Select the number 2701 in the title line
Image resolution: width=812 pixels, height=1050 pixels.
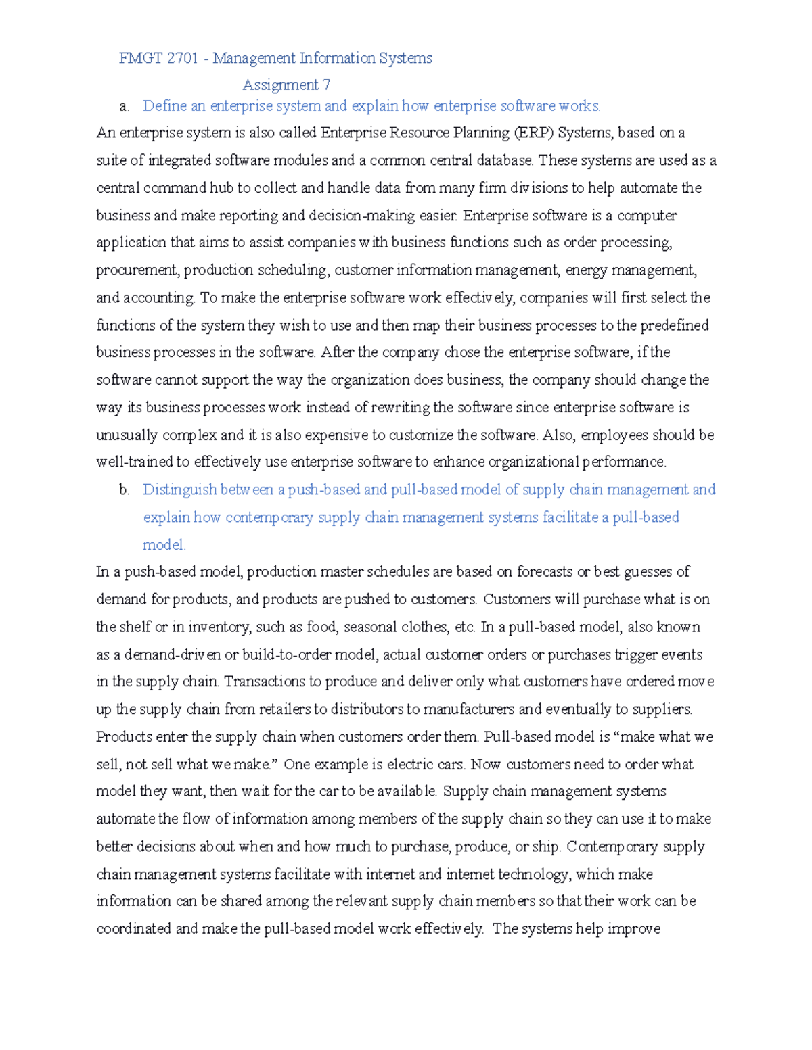coord(182,58)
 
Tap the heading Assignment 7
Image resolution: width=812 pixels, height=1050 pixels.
coord(286,85)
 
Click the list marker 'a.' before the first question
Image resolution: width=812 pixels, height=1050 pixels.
coord(124,106)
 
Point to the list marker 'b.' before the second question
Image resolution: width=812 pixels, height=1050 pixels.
coord(124,490)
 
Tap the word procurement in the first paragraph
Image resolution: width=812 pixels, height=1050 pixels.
coord(137,270)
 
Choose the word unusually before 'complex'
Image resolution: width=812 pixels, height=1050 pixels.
coord(127,435)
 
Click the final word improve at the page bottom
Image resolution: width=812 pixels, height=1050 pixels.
coord(633,929)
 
